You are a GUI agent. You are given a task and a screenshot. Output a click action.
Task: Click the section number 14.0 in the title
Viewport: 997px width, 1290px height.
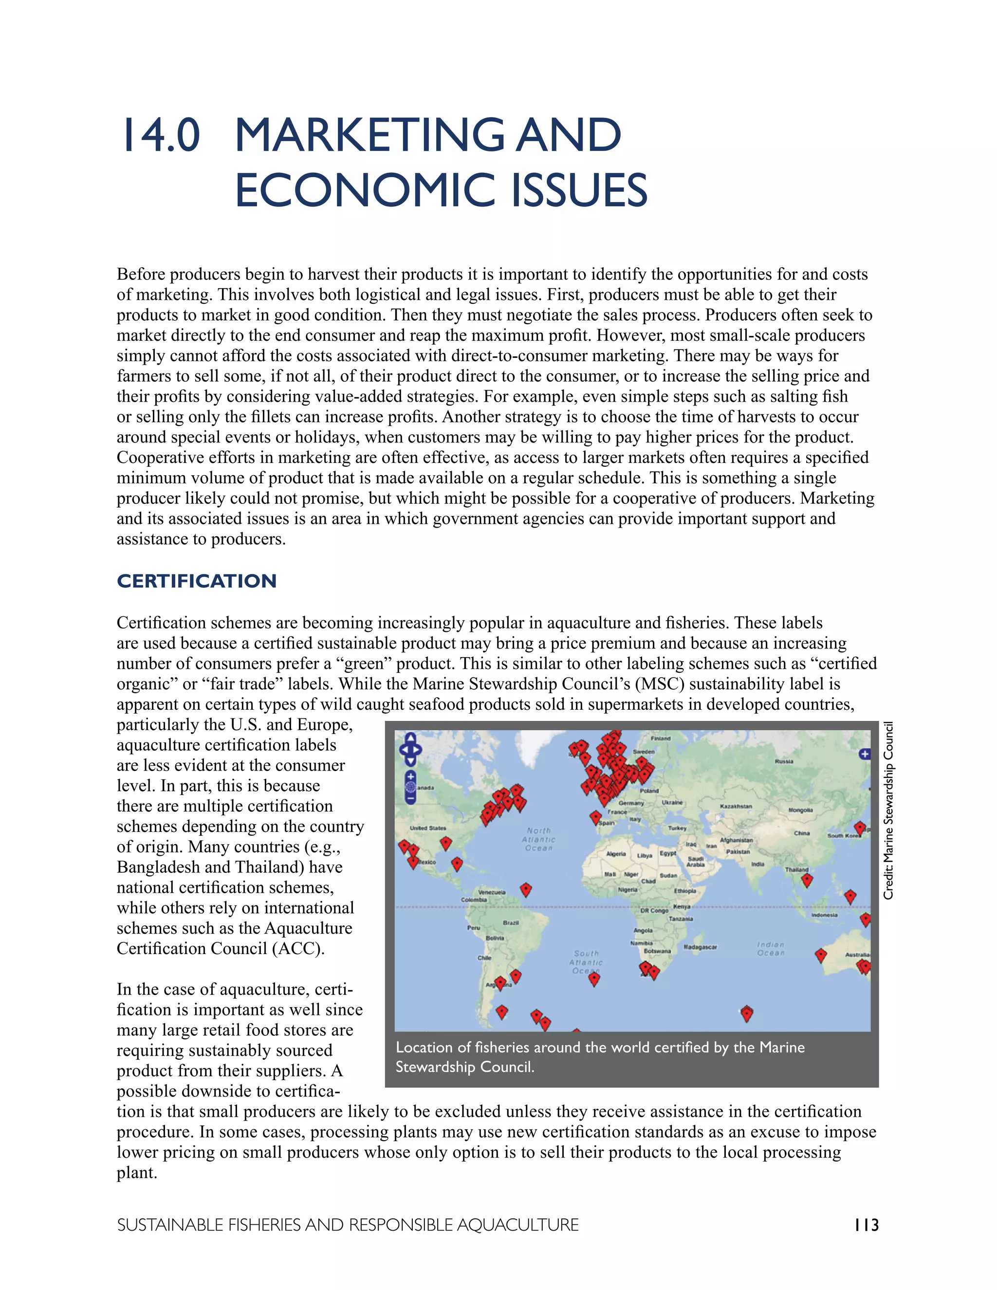161,135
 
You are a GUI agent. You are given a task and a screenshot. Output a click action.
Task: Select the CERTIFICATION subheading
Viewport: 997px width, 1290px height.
197,581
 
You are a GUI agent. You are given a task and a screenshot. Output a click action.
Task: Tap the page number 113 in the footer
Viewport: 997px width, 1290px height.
866,1225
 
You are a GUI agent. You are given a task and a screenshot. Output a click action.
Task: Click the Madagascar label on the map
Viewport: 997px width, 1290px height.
700,947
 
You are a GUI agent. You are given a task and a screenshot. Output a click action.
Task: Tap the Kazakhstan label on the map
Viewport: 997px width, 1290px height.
736,806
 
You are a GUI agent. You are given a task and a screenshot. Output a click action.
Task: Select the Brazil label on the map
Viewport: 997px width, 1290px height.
511,922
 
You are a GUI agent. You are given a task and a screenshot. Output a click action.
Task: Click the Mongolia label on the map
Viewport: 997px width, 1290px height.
801,811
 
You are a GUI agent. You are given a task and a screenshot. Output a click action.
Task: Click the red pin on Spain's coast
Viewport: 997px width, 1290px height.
596,817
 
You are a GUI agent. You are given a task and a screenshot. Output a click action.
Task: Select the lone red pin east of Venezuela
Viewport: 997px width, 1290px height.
526,889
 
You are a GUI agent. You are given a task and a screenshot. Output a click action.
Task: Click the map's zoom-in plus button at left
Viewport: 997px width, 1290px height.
410,776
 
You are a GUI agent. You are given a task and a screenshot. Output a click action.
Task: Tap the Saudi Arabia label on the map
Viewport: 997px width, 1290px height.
695,861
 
